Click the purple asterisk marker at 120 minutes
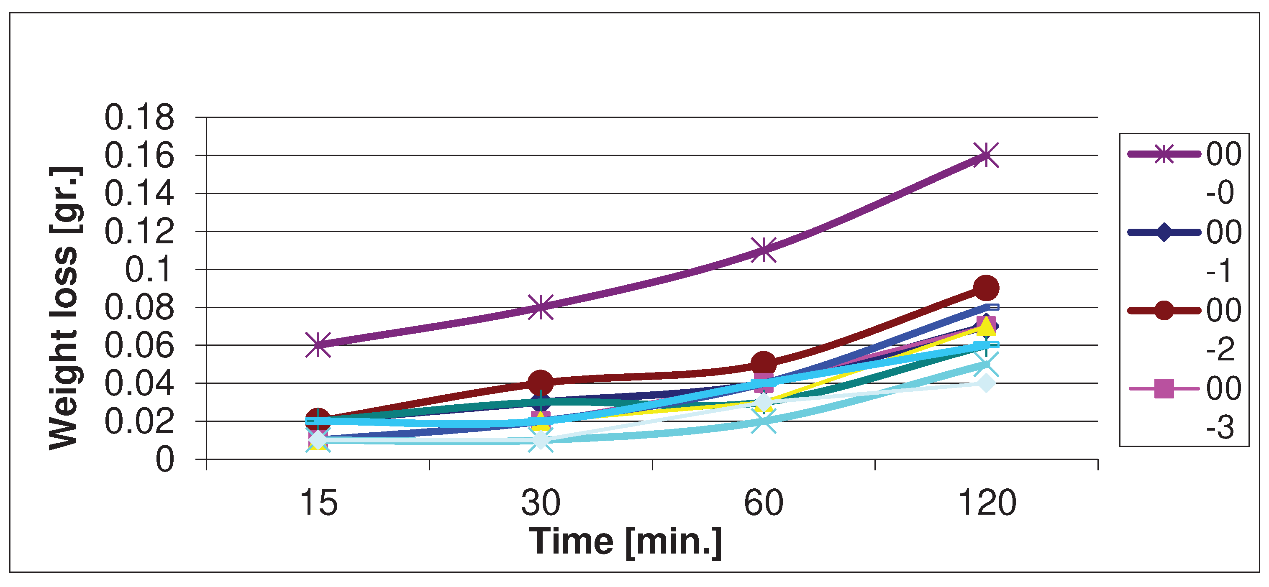[x=986, y=155]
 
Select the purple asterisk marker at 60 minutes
[x=763, y=250]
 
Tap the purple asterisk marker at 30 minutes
[x=541, y=307]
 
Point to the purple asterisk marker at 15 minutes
[x=318, y=344]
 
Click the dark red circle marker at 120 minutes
[x=986, y=288]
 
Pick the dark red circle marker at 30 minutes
[x=541, y=382]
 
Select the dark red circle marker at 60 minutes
[x=763, y=363]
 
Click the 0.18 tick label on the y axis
[x=139, y=118]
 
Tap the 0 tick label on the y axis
[x=165, y=460]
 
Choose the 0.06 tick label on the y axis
[x=139, y=345]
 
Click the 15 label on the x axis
[x=319, y=503]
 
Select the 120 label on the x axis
[x=987, y=503]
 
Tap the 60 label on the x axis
[x=763, y=503]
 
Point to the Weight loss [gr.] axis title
[x=64, y=308]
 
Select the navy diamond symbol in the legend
[x=1164, y=232]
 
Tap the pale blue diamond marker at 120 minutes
[x=986, y=383]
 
